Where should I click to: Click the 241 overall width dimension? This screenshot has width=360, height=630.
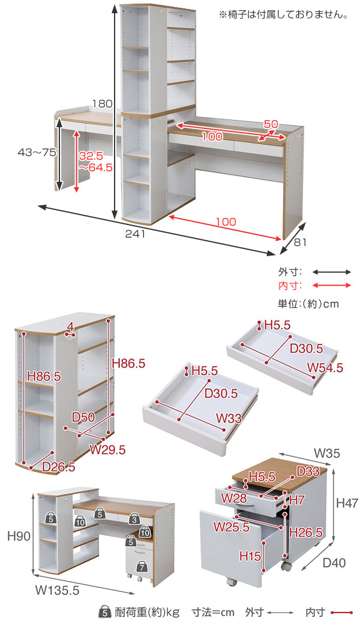pyautogui.click(x=135, y=234)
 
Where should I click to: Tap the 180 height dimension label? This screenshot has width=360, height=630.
pyautogui.click(x=103, y=103)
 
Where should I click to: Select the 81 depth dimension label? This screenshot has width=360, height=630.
pyautogui.click(x=300, y=242)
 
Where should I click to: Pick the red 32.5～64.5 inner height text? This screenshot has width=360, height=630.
pyautogui.click(x=95, y=161)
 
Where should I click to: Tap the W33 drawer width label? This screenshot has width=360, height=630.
pyautogui.click(x=229, y=418)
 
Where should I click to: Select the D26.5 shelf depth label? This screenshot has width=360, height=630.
pyautogui.click(x=58, y=466)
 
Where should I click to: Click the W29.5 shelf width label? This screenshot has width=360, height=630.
pyautogui.click(x=107, y=449)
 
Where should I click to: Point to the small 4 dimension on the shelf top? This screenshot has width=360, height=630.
pyautogui.click(x=71, y=328)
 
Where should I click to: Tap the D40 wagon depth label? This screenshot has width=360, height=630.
pyautogui.click(x=334, y=563)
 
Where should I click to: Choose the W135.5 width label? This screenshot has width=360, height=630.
pyautogui.click(x=57, y=590)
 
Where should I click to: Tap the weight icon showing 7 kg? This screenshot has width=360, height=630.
pyautogui.click(x=142, y=567)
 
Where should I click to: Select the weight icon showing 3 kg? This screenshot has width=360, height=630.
pyautogui.click(x=134, y=520)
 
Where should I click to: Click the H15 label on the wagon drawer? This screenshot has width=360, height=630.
pyautogui.click(x=250, y=556)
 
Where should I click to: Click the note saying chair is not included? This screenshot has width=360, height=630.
pyautogui.click(x=283, y=15)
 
